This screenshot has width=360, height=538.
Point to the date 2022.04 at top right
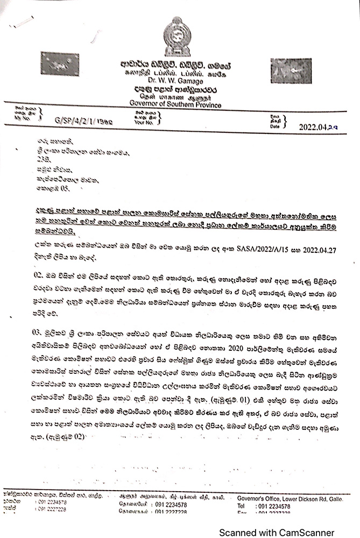coord(319,126)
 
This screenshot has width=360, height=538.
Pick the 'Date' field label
coord(275,127)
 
